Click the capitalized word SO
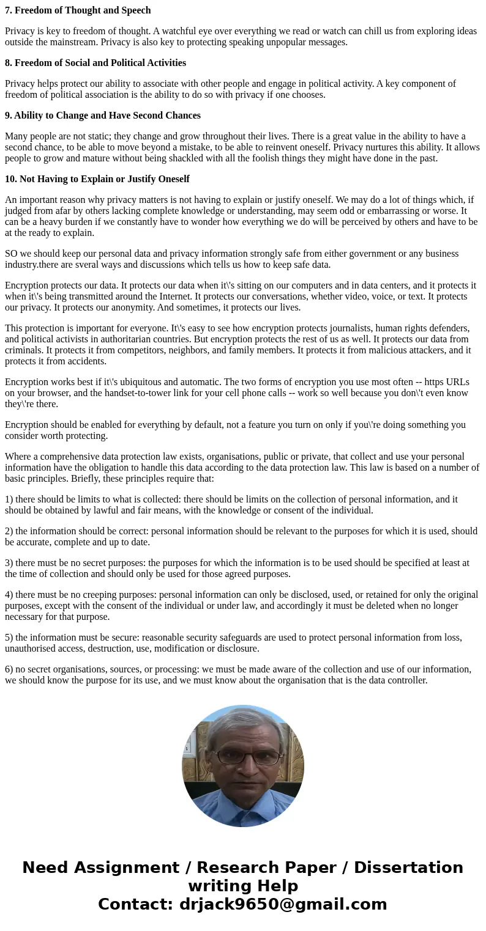click(12, 254)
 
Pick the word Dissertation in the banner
click(408, 868)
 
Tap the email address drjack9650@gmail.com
click(283, 905)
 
